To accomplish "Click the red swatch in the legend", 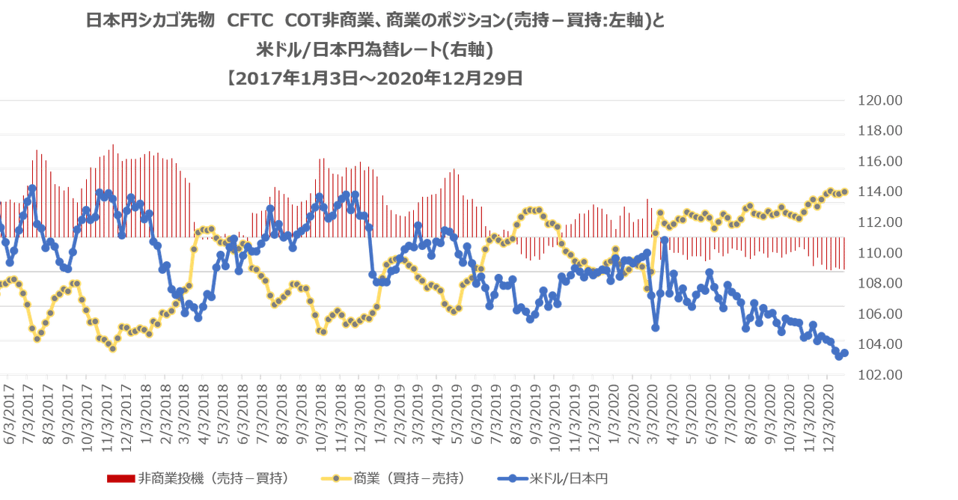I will [x=122, y=478].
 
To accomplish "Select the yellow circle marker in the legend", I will [x=336, y=478].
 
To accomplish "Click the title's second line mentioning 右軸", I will [x=374, y=49].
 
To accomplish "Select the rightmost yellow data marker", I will [x=845, y=192].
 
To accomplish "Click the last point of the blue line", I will [x=845, y=352].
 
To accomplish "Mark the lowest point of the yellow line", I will [x=113, y=348].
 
